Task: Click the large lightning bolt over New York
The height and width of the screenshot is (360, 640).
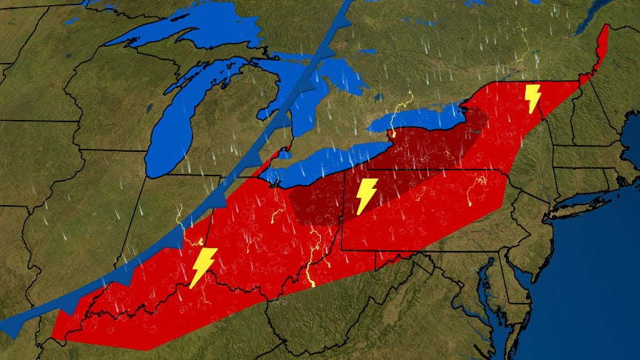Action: click(x=532, y=99)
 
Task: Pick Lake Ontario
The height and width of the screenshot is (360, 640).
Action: click(x=422, y=118)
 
